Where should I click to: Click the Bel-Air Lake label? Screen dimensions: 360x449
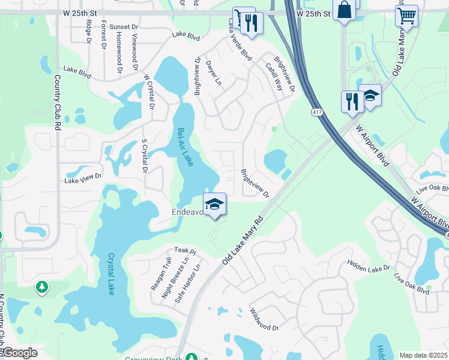[x=185, y=147]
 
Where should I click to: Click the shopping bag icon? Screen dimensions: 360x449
[x=344, y=11]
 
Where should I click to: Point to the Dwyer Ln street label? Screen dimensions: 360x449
[x=213, y=73]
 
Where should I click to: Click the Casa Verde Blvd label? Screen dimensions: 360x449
[x=239, y=46]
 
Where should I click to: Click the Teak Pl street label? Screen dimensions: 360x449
[x=185, y=250]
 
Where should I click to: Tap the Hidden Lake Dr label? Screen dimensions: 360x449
[x=369, y=265]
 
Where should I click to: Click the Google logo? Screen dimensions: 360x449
[x=19, y=353]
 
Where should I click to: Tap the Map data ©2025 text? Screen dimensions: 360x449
[x=423, y=355]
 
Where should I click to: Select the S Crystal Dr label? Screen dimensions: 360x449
[x=144, y=156]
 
